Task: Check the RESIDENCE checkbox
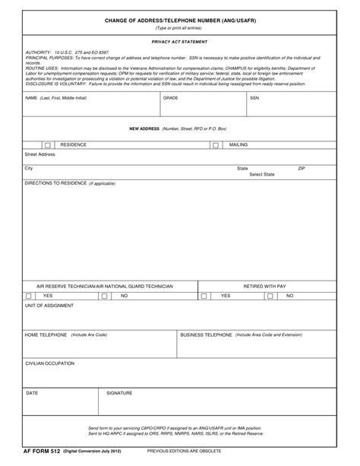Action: (48, 144)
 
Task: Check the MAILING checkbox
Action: (215, 144)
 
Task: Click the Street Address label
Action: (40, 154)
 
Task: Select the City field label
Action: (29, 168)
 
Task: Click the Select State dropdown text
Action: (262, 174)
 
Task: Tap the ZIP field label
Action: (302, 168)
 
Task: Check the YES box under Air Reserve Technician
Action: (29, 296)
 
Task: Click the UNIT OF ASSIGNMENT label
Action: (49, 306)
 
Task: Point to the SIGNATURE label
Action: (119, 393)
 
